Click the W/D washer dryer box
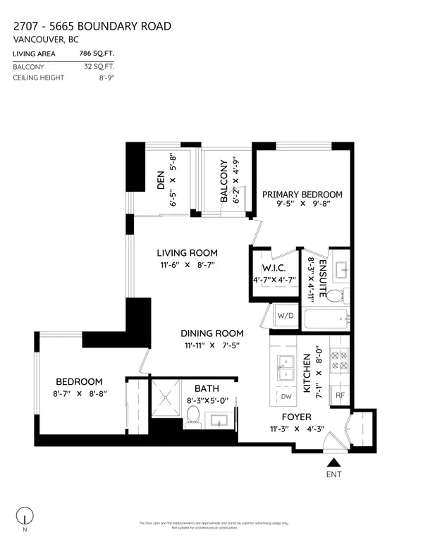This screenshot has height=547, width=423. click(x=286, y=315)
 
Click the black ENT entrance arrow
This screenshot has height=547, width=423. click(x=335, y=462)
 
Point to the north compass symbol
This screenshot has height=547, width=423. click(x=26, y=516)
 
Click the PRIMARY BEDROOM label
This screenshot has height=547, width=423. click(x=302, y=195)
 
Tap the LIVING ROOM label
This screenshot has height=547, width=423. click(x=187, y=253)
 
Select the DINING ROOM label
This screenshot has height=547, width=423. click(x=212, y=333)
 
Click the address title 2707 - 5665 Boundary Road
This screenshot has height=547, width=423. click(x=92, y=27)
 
